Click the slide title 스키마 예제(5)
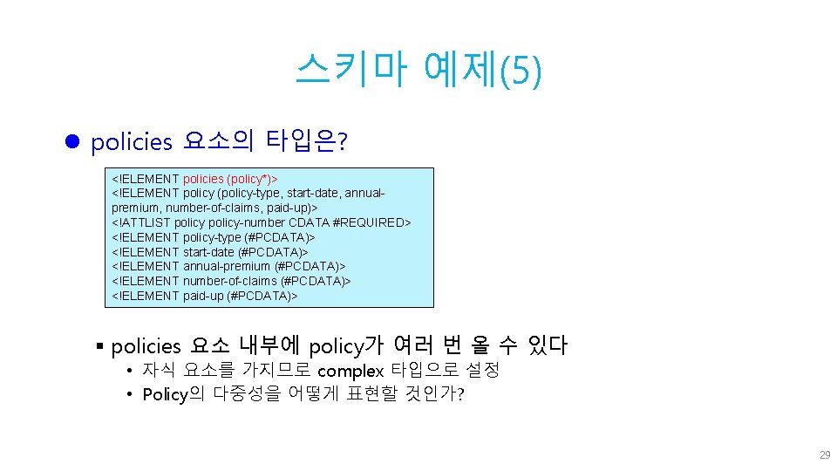(418, 69)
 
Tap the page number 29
(824, 455)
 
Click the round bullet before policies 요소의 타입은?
(73, 140)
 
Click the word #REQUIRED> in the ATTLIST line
(371, 222)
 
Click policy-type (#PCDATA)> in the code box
(249, 237)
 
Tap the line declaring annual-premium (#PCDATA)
(228, 266)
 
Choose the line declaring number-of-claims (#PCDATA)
(232, 281)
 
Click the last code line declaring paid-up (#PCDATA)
(205, 296)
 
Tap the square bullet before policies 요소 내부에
(101, 346)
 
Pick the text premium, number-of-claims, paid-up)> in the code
(214, 208)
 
